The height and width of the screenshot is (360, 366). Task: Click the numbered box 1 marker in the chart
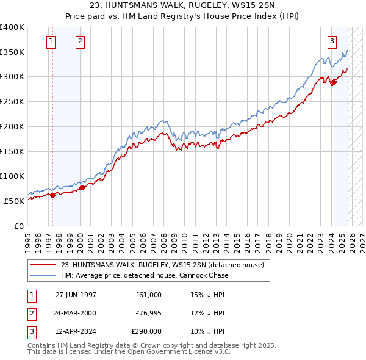(50, 41)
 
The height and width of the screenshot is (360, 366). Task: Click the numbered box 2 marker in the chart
(80, 41)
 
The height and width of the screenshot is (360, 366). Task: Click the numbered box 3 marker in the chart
(332, 41)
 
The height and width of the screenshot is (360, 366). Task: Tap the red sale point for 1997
(52, 195)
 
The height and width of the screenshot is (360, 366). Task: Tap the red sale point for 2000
(82, 187)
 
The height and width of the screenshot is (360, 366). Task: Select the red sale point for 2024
(334, 82)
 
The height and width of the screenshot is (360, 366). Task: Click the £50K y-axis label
(14, 201)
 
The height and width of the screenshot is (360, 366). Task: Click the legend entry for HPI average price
(145, 275)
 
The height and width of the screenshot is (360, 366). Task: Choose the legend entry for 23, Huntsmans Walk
(162, 265)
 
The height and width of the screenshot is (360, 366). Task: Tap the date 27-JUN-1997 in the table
(76, 295)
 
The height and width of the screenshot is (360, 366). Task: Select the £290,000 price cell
(146, 331)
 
